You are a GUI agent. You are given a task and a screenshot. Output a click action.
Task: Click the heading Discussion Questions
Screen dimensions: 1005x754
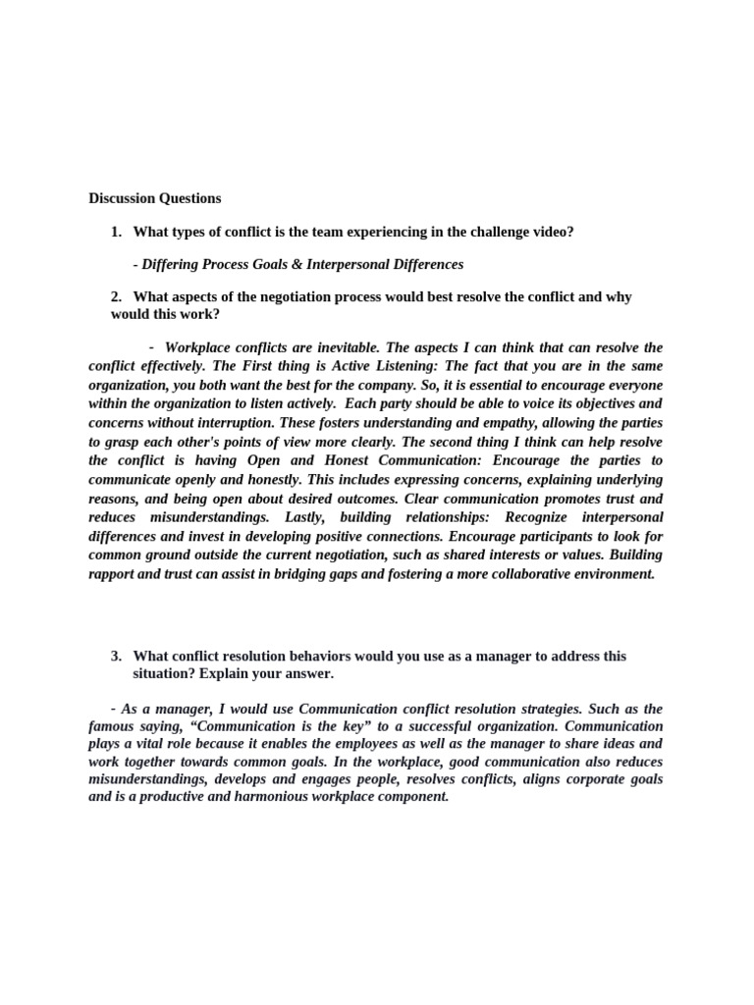point(155,198)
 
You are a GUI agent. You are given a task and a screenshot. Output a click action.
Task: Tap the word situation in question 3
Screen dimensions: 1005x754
point(163,673)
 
